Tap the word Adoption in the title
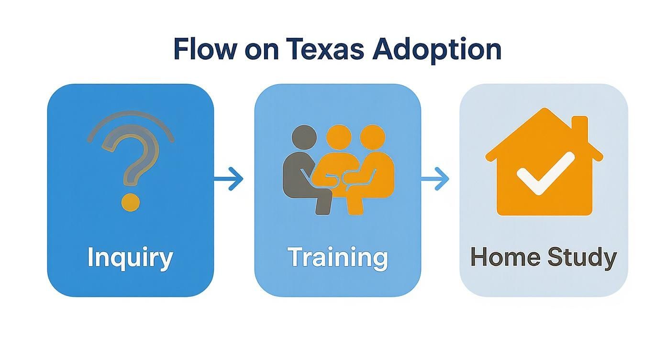[447, 49]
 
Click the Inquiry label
[130, 258]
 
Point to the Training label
[337, 257]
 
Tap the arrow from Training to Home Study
[435, 179]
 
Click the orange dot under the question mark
[131, 202]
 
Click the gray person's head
[304, 137]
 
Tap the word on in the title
[261, 49]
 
